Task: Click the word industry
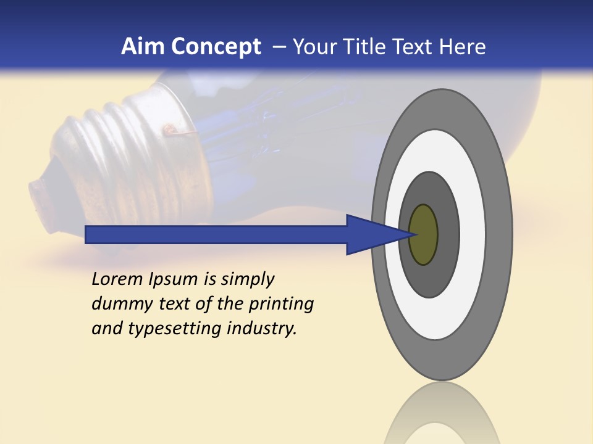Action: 262,329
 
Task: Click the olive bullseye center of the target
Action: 423,235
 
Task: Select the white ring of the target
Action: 473,235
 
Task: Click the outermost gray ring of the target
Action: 501,235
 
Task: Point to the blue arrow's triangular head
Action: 371,235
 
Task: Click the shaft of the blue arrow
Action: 216,235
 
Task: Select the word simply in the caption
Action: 247,279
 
